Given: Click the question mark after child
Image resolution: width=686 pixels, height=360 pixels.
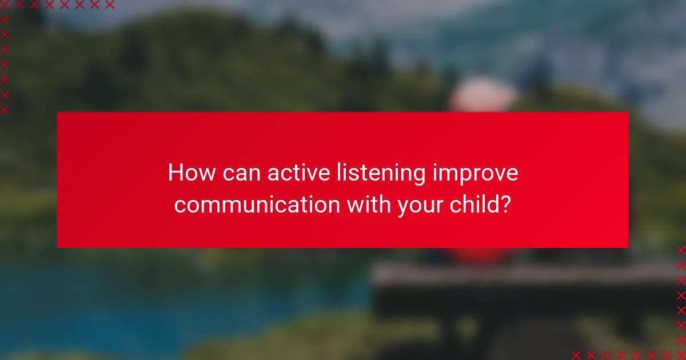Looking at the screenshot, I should pos(505,204).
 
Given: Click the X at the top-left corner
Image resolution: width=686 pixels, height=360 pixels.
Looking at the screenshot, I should pos(5,5).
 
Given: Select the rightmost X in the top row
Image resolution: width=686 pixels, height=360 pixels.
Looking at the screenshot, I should pos(109,5).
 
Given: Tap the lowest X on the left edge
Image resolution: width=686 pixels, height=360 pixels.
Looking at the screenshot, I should pos(5,109).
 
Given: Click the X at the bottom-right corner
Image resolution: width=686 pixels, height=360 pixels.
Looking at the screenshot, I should pos(681,355).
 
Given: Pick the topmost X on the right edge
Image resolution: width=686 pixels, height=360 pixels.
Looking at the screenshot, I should pos(681,250).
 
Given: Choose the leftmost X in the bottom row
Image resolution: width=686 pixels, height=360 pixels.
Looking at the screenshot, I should pos(576,355).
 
